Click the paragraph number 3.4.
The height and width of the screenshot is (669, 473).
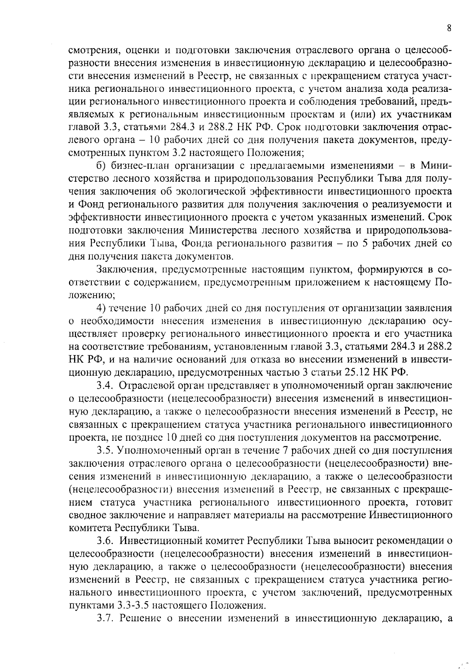coord(105,385)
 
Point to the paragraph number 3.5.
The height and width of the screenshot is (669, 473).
coord(105,450)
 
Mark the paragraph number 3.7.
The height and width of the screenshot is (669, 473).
coord(105,618)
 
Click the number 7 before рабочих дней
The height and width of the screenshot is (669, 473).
coord(285,450)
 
